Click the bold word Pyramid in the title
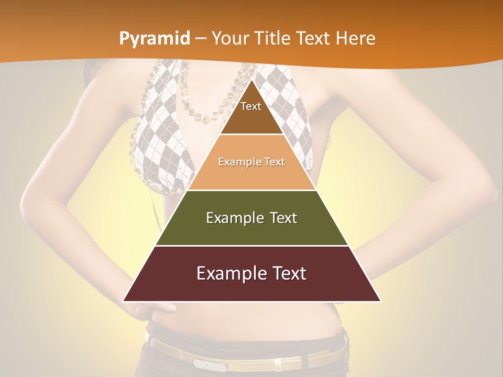154,39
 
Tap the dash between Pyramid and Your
201,39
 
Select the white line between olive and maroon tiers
251,246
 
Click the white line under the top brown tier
251,135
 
